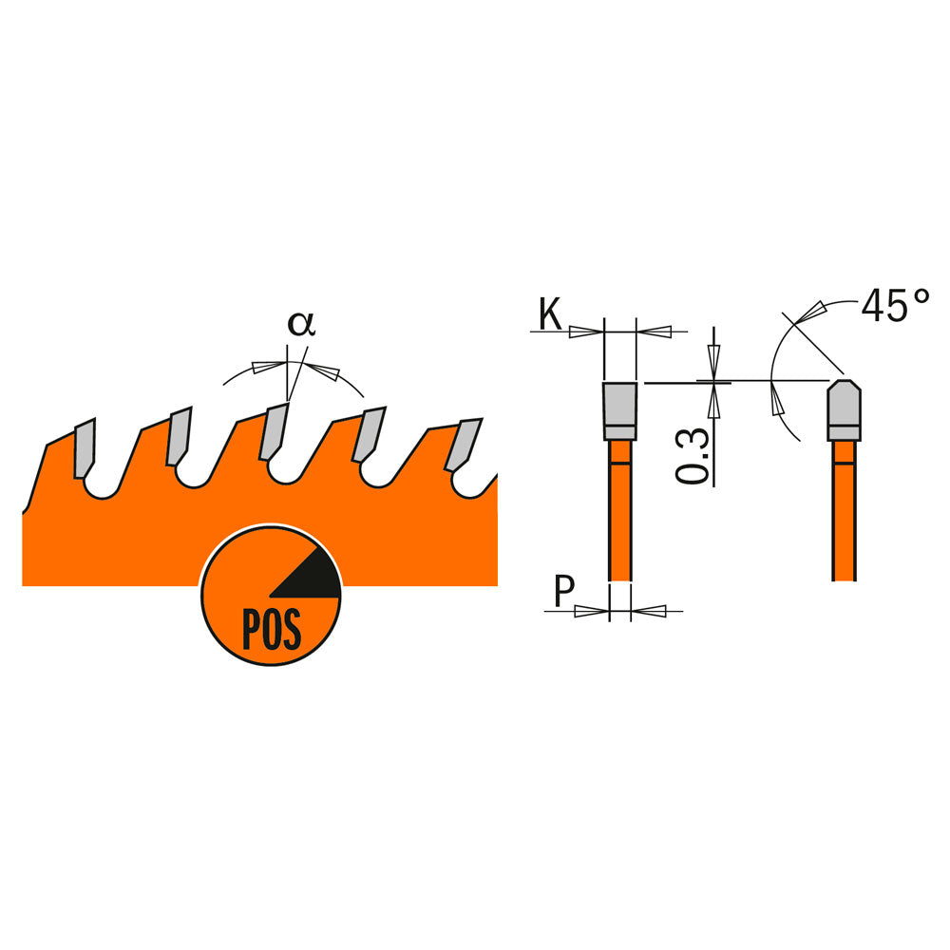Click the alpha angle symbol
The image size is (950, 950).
301,324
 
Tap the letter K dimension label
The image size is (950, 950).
550,313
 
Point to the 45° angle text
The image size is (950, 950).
896,305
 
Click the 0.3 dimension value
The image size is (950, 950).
693,456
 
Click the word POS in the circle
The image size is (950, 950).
272,630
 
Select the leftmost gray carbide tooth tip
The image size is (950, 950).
85,447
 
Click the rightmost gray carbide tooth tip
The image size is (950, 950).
464,445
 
